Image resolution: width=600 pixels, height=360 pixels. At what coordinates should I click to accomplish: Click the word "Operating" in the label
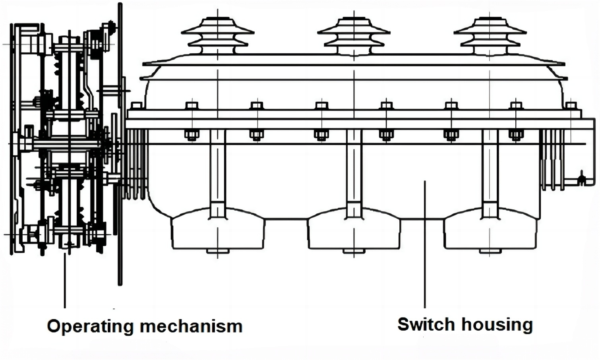(x=91, y=326)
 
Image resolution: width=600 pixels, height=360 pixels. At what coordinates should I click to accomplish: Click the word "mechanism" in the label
(x=191, y=326)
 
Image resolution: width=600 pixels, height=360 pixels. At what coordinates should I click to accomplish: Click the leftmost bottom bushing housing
(x=218, y=230)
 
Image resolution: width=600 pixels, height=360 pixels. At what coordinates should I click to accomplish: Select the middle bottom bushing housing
(x=354, y=230)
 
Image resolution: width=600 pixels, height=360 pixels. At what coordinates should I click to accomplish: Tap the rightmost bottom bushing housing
(x=490, y=230)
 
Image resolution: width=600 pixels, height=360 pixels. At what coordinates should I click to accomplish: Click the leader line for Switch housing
(x=425, y=246)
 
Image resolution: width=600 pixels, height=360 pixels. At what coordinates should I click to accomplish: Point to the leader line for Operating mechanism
(x=65, y=282)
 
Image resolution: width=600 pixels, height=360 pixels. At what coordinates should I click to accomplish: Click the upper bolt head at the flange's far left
(x=136, y=106)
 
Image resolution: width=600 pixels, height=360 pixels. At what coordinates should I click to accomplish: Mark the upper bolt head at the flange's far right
(x=571, y=106)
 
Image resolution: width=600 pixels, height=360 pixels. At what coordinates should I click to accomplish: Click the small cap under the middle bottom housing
(x=354, y=251)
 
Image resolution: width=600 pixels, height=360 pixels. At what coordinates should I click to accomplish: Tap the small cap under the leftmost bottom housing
(x=218, y=251)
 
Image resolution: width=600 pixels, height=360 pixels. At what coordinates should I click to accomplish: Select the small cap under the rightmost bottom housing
(x=490, y=251)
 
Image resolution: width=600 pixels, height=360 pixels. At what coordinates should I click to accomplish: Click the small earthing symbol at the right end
(x=581, y=178)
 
